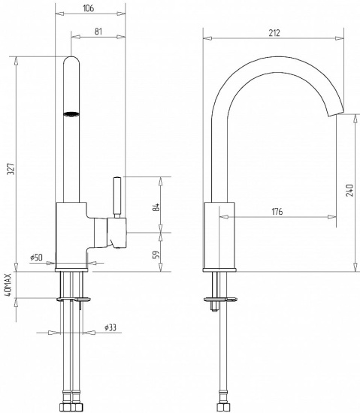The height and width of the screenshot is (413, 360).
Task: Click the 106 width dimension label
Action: pos(88,8)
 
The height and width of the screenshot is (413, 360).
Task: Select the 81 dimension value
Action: pos(98,32)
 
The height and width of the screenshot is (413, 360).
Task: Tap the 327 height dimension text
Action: pos(11,169)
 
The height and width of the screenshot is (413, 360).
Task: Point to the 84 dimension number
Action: pos(156,207)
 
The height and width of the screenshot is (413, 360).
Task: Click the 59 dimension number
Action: pos(156,255)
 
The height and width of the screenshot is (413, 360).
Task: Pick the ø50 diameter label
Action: pos(36,258)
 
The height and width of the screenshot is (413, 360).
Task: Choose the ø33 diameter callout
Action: pos(110,327)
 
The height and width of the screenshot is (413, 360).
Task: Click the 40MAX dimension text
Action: pos(8,285)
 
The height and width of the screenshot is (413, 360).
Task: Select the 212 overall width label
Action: pos(274,33)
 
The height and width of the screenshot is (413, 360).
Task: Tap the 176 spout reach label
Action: pos(277,212)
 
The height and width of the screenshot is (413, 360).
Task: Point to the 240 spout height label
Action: pos(349,190)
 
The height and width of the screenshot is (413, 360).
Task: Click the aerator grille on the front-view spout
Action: pos(71,114)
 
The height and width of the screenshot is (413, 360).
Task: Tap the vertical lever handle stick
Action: pos(117,197)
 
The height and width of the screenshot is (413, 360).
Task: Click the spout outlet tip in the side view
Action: pos(335,113)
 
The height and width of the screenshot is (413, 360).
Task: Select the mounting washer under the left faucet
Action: pos(74,299)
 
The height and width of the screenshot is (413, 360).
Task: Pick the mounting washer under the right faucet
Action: pos(220,299)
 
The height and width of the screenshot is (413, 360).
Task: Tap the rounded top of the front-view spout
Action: pos(71,59)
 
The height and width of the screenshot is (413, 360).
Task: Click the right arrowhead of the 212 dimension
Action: pos(340,38)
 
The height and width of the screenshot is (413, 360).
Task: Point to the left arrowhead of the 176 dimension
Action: pos(224,217)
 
